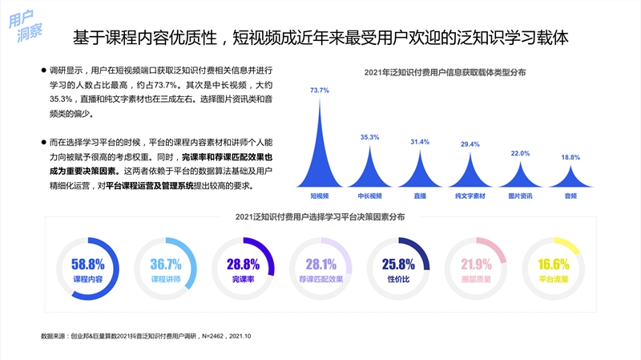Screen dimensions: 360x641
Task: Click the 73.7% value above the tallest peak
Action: point(320,91)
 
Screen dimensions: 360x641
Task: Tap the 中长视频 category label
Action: point(369,196)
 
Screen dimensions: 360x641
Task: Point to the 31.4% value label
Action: point(420,142)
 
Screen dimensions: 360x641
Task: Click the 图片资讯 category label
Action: point(520,196)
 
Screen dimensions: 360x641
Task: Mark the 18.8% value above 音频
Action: point(570,157)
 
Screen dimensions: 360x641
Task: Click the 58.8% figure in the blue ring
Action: point(88,265)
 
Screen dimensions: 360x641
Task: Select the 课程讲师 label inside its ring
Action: point(166,280)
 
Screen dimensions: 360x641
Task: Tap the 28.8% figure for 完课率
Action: point(243,265)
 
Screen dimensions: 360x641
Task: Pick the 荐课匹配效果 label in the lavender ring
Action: point(320,280)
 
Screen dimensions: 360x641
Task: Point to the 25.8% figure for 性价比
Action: point(398,265)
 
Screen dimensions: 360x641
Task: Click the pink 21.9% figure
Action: point(476,265)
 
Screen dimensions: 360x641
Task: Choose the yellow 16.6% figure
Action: point(554,265)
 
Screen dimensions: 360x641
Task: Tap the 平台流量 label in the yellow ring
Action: point(554,280)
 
